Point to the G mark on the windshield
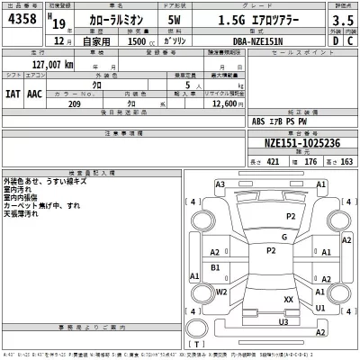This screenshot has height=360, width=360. (x=283, y=238)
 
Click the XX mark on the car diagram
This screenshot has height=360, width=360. (x=288, y=299)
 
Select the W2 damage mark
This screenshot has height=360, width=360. (x=221, y=292)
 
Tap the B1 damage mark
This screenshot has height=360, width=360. (x=214, y=267)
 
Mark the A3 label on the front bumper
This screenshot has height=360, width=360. (x=220, y=184)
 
